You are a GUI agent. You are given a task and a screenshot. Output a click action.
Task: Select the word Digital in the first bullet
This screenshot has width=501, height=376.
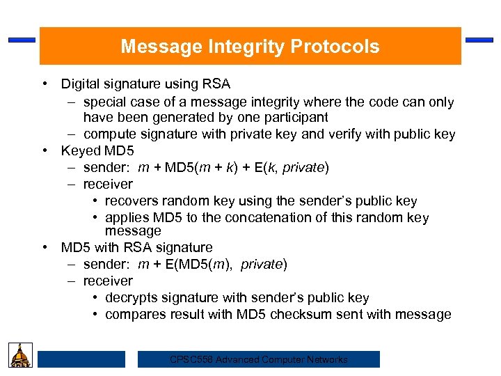point(81,84)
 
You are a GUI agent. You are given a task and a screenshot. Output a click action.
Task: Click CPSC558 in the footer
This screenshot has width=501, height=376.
point(191,360)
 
